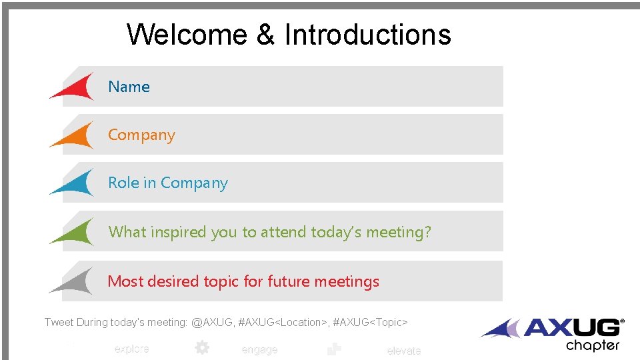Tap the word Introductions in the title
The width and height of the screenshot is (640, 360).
coord(368,35)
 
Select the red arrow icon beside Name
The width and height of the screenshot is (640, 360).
coord(75,87)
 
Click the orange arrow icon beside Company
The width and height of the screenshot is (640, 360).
coord(75,135)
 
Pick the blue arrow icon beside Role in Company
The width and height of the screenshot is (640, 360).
coord(75,183)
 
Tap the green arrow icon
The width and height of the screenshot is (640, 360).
coord(75,232)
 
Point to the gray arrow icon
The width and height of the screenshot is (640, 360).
coord(75,281)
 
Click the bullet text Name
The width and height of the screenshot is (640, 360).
coord(129,87)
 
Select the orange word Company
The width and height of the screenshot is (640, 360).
coord(141,135)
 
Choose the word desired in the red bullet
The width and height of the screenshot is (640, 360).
coord(173,281)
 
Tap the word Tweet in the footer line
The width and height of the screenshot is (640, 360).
coord(59,323)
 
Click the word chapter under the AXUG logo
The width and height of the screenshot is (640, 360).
coord(593,346)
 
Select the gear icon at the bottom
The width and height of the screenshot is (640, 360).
coord(201,348)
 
